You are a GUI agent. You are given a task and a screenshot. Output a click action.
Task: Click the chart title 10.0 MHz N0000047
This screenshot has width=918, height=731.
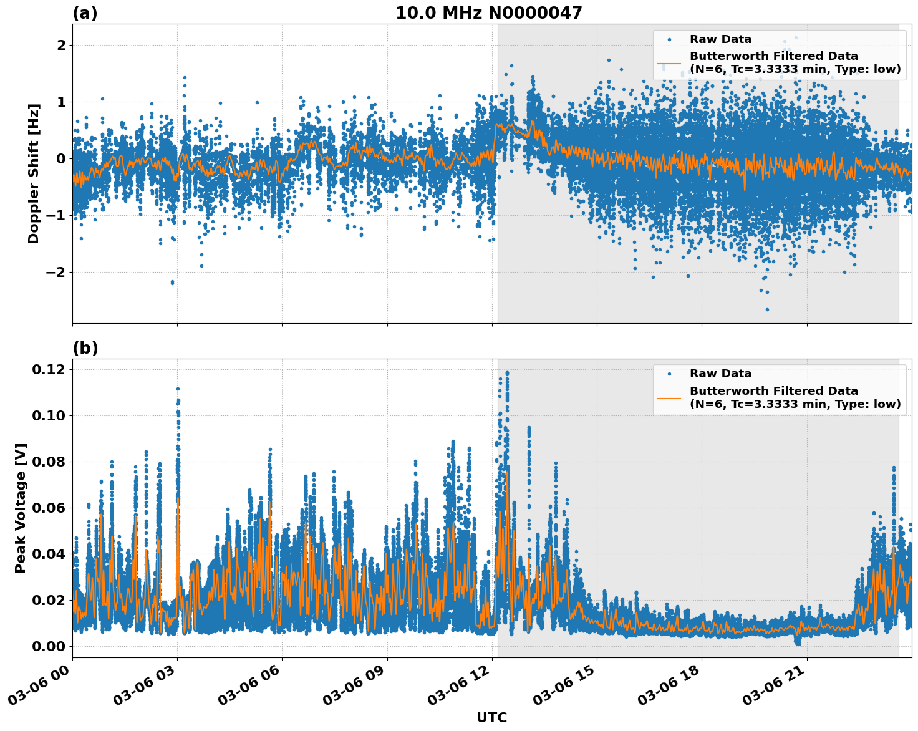click(488, 13)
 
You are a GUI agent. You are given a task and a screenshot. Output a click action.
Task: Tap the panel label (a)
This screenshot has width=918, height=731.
click(85, 13)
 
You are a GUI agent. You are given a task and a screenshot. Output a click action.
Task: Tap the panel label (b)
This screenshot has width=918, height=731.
click(85, 348)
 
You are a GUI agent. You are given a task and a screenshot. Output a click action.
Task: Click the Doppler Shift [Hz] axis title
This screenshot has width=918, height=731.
click(34, 173)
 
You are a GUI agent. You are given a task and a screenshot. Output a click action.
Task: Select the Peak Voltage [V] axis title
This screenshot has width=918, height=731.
click(21, 508)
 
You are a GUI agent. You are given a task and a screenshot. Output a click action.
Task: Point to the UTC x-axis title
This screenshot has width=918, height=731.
click(491, 717)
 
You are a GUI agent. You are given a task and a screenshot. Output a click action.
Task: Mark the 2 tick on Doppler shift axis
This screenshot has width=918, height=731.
click(61, 45)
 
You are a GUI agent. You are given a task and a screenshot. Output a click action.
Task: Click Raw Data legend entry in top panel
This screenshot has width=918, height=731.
click(720, 39)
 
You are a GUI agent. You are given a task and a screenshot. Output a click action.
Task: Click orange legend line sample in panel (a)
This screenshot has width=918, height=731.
click(669, 62)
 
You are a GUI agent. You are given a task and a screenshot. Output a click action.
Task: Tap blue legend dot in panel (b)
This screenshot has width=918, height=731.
click(669, 374)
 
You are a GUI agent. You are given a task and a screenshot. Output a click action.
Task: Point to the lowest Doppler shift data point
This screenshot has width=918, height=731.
click(767, 309)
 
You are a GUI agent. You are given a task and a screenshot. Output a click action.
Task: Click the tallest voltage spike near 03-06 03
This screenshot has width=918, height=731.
click(178, 389)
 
